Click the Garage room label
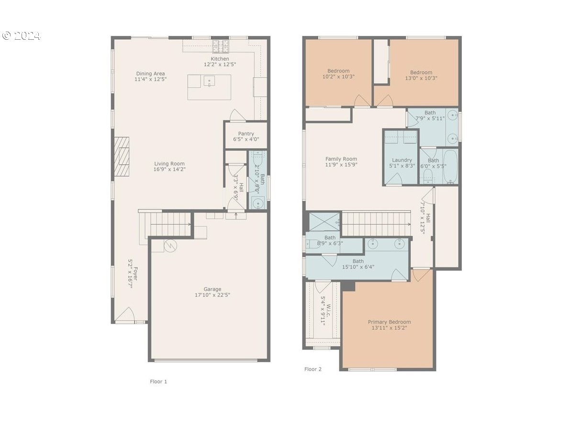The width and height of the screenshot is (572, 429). [213, 289]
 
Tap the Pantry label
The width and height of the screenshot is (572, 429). [246, 134]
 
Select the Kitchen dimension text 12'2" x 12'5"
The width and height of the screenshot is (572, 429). [220, 64]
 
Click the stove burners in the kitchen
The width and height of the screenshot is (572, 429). [220, 46]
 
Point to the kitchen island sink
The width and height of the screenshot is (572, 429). [209, 81]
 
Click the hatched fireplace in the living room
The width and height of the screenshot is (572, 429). [122, 157]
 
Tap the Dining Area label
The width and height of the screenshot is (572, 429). [150, 74]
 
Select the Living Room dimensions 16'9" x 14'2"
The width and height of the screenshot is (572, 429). [169, 169]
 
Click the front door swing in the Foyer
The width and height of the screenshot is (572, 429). [125, 315]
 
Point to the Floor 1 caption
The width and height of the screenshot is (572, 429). [158, 382]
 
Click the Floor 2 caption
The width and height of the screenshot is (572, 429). [313, 369]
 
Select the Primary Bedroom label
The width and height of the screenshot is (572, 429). [389, 322]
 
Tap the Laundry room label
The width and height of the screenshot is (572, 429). [402, 160]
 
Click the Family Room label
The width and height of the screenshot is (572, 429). [341, 159]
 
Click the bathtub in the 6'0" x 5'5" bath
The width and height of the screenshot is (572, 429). [450, 167]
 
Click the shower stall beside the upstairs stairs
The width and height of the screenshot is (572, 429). [324, 221]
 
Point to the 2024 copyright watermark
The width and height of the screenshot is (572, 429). [22, 35]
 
